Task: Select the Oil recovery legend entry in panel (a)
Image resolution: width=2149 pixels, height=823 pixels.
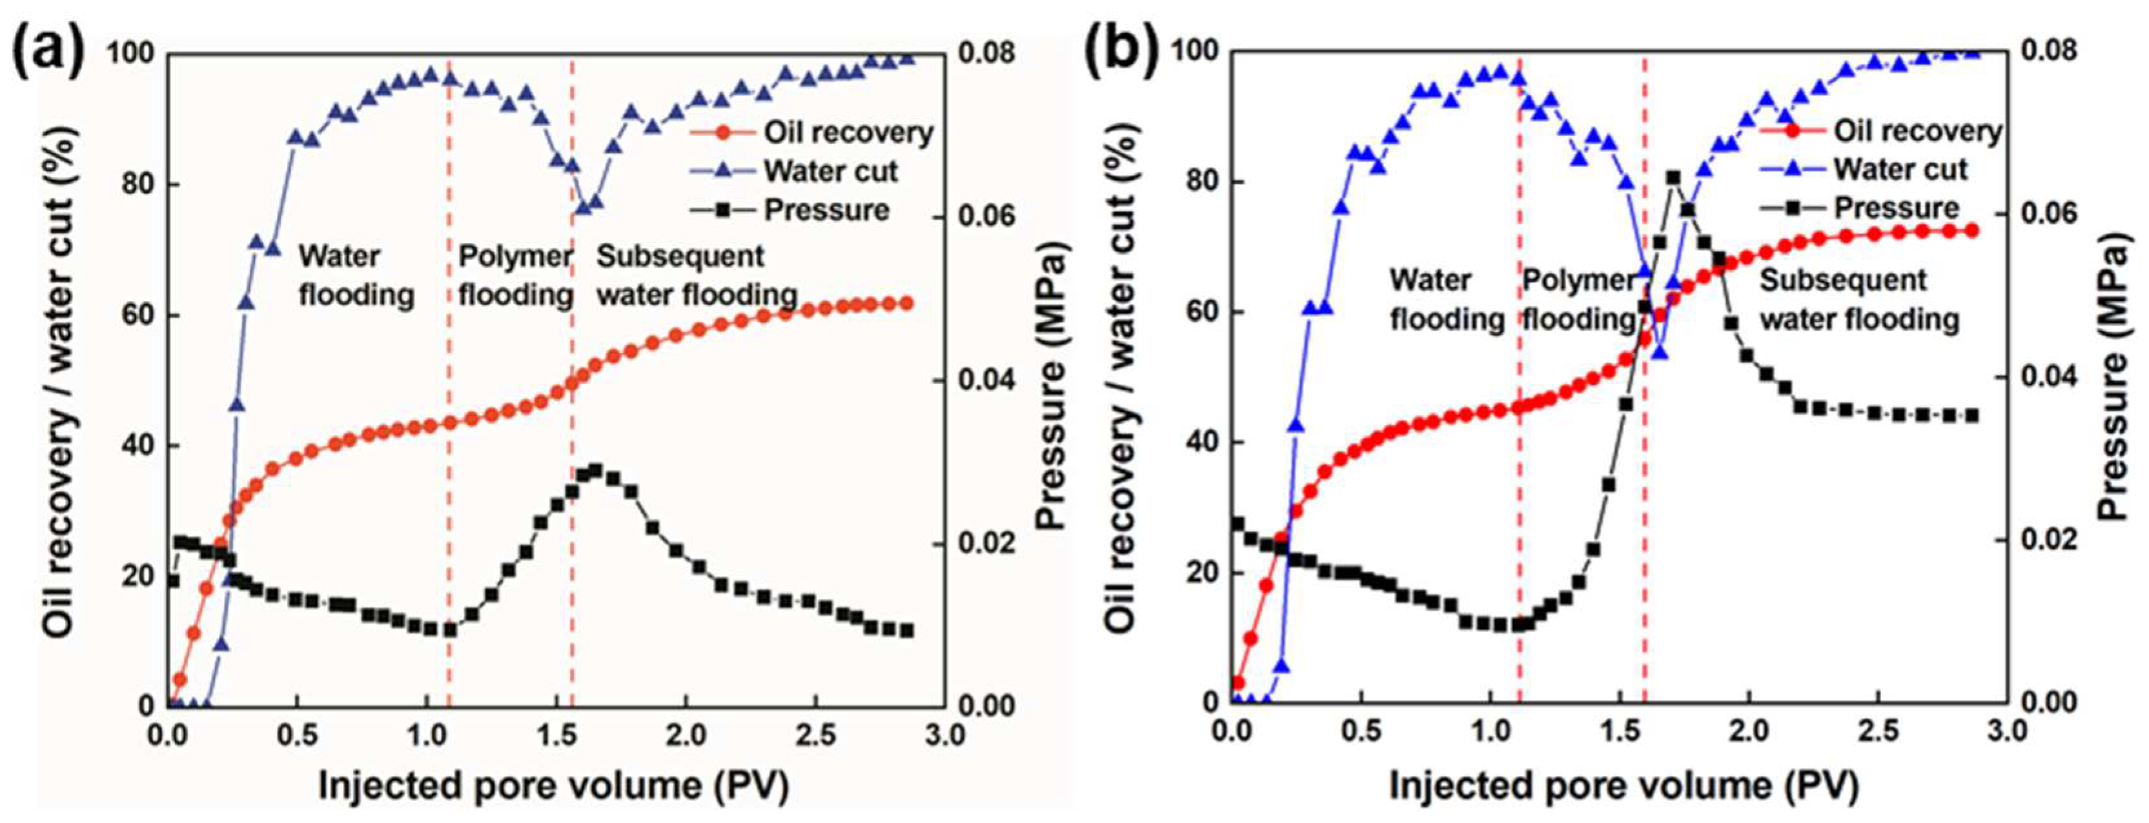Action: click(x=848, y=133)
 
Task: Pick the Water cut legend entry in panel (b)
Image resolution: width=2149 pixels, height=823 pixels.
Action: click(x=1899, y=169)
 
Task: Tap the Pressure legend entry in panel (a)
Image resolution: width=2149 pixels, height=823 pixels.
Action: click(x=826, y=210)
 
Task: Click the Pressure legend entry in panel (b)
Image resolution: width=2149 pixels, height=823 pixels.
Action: click(x=1895, y=207)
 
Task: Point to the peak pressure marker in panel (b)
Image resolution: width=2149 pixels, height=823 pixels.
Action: click(x=1673, y=177)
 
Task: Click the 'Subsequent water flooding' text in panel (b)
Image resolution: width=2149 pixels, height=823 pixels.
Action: click(x=1859, y=299)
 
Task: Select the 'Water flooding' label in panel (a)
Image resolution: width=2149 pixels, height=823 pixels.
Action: click(x=356, y=275)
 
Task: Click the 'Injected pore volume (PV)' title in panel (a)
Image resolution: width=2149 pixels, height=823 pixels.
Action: click(x=553, y=785)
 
